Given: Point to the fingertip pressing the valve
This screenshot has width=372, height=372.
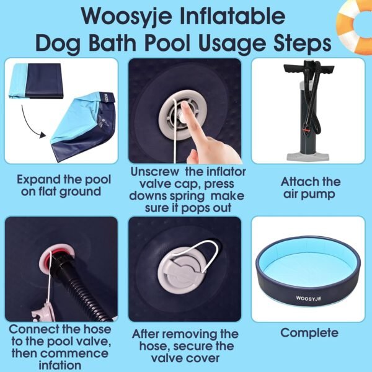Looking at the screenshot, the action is (185, 106).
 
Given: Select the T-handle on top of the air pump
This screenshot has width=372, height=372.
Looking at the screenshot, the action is (309, 69).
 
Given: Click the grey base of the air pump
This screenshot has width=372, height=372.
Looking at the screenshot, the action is (308, 157).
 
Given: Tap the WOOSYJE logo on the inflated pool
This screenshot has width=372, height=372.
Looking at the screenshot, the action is (308, 298).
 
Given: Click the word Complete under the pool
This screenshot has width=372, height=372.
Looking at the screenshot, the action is (309, 332).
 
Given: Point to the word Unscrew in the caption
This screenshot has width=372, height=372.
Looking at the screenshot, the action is (154, 172).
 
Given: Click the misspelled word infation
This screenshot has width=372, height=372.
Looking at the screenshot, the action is (60, 365).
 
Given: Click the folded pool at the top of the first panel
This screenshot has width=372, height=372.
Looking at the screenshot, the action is (35, 81).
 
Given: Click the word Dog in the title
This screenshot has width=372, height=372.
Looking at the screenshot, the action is (58, 44).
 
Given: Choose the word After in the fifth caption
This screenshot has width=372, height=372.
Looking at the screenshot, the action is (148, 334).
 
